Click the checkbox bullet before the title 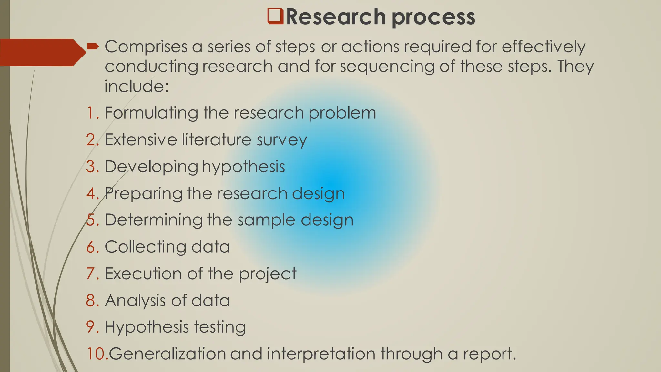[275, 17]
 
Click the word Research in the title [336, 17]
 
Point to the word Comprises [146, 47]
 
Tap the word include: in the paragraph [137, 87]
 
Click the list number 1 [93, 113]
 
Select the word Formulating [151, 113]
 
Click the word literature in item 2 [217, 140]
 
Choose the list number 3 [93, 167]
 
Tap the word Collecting [145, 247]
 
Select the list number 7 [93, 274]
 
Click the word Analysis [135, 301]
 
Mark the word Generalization [167, 354]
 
